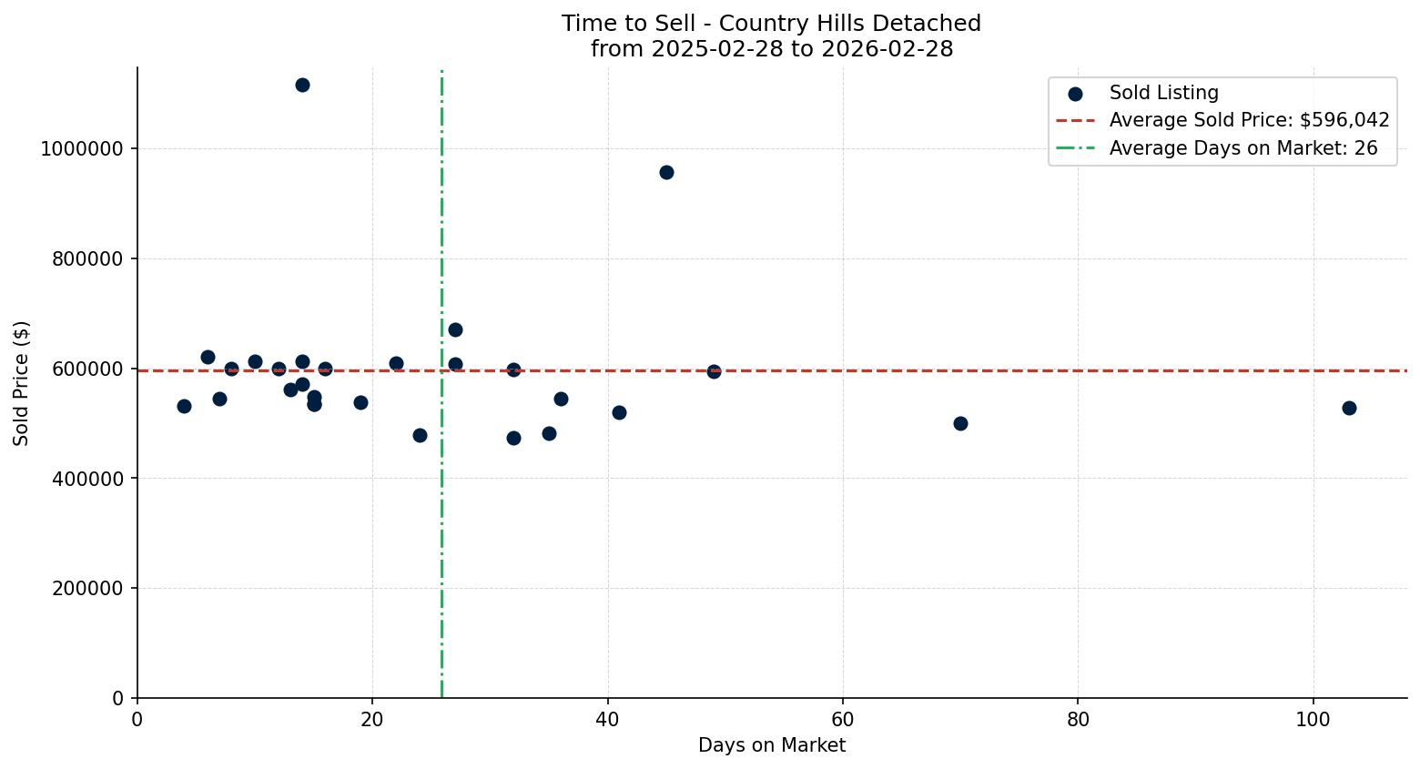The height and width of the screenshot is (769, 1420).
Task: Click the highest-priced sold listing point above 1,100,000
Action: [x=302, y=85]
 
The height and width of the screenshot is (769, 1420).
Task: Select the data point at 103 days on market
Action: [x=1348, y=408]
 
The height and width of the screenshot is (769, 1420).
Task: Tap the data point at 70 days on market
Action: [x=960, y=423]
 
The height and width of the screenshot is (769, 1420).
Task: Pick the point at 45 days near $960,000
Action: [x=666, y=172]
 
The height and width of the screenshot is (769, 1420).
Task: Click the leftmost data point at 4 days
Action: [x=184, y=406]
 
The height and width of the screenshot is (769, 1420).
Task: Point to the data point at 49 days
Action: [x=714, y=371]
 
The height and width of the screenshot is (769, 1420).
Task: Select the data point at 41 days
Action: [x=619, y=412]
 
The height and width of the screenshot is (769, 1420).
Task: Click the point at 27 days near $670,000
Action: [x=455, y=329]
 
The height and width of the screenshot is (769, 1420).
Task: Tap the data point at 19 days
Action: [x=360, y=402]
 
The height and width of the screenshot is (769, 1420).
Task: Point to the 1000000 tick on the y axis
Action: [x=82, y=149]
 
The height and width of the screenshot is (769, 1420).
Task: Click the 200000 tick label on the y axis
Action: [x=87, y=589]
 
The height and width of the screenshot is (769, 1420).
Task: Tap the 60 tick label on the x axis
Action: [x=843, y=719]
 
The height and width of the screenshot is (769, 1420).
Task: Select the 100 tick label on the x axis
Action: [x=1313, y=719]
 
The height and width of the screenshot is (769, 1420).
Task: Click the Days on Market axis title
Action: [x=771, y=745]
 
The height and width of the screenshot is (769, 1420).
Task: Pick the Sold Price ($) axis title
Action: [x=22, y=382]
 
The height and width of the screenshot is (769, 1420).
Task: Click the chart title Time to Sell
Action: [x=771, y=24]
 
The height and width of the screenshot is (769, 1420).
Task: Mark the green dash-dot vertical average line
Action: [x=441, y=546]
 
